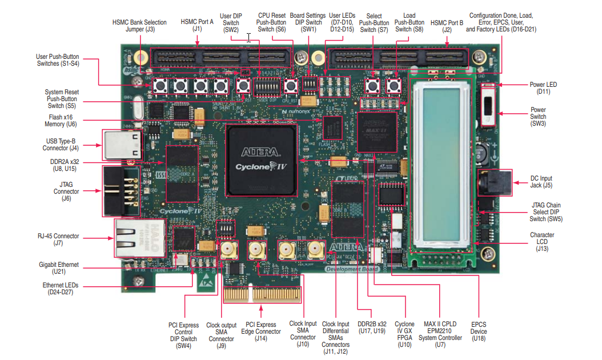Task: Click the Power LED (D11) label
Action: point(543,88)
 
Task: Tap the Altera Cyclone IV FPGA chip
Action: point(260,161)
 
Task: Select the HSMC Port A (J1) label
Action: point(197,25)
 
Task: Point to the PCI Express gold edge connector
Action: point(261,294)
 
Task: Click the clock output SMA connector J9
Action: point(227,250)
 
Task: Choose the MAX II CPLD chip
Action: point(377,132)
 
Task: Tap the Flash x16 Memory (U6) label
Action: point(62,120)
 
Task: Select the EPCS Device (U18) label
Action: point(478,331)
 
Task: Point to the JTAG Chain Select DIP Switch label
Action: point(545,212)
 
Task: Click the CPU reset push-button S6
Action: point(291,87)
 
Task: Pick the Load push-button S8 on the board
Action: point(393,87)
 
